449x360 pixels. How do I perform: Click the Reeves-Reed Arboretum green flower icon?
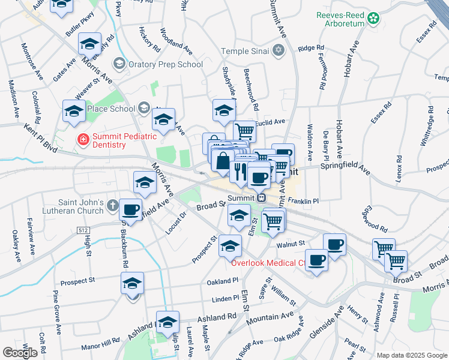pos(374,19)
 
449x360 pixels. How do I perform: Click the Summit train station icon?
pos(261,197)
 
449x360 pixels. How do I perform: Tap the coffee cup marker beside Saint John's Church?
pos(130,210)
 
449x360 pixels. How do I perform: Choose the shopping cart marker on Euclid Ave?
pos(244,130)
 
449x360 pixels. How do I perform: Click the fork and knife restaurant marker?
pos(240,172)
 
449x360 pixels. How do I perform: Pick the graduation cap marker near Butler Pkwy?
pos(89,45)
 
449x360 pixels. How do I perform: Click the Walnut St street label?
pos(291,244)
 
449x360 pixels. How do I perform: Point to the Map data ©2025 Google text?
pos(411,355)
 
